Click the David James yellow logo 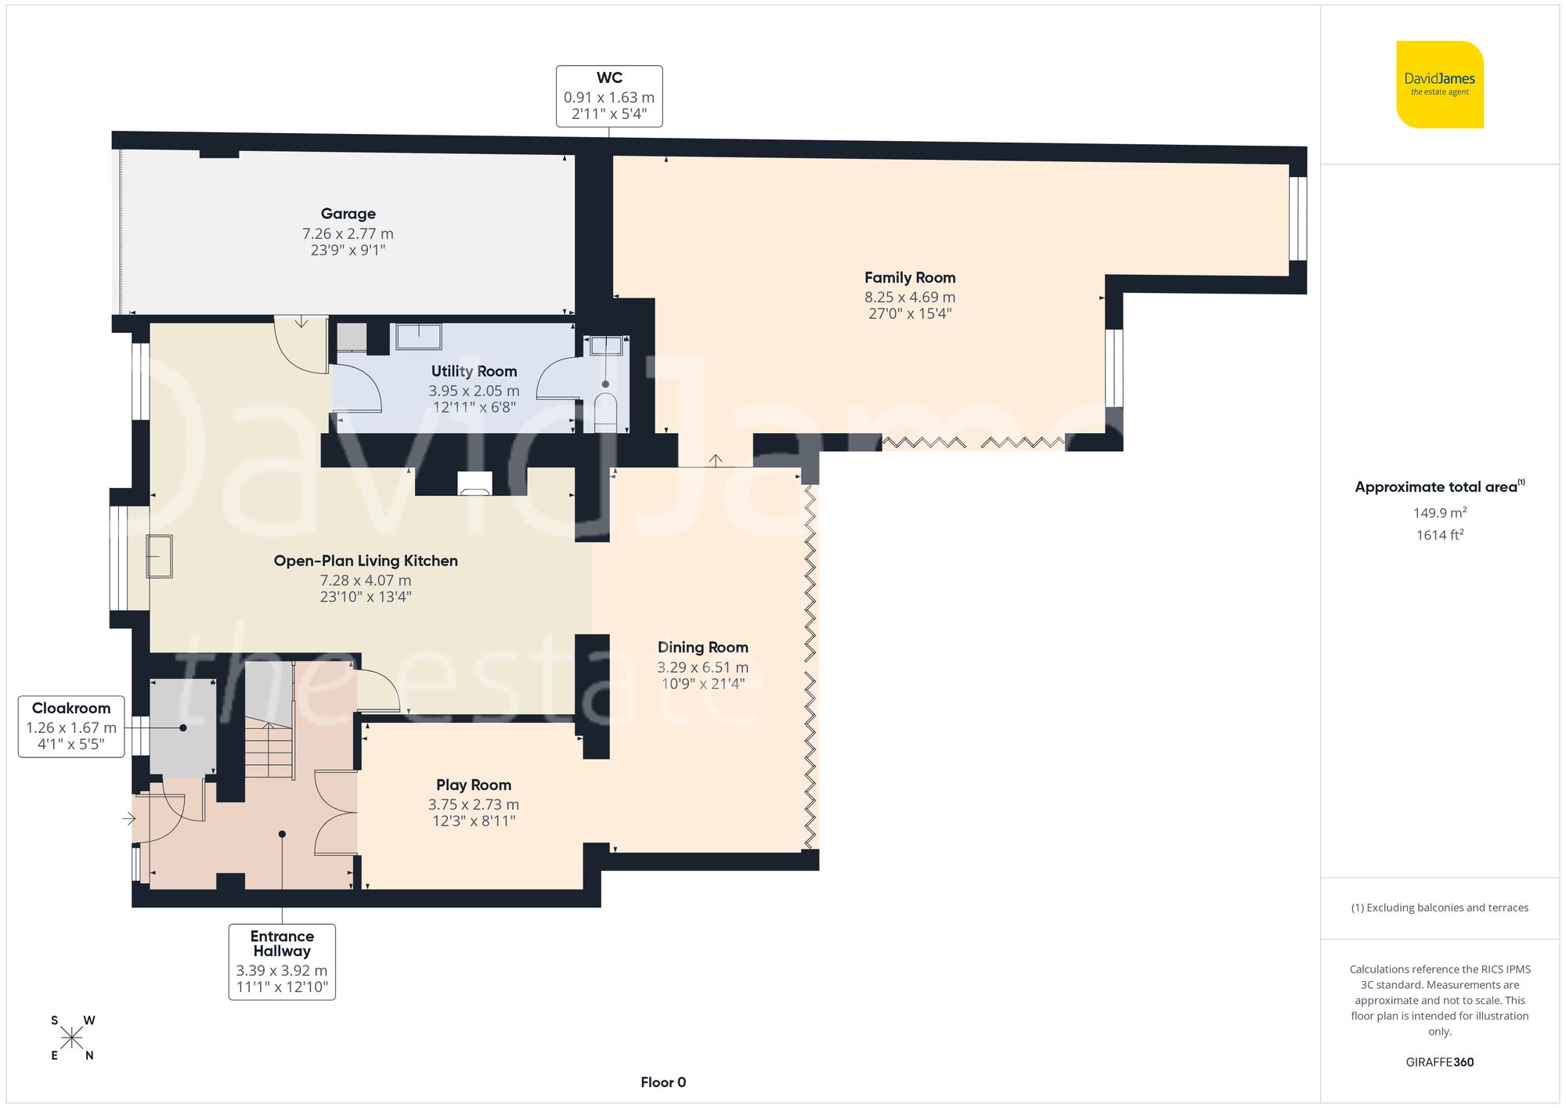tap(1439, 85)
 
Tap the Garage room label tap(348, 214)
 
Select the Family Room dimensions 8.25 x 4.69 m tap(909, 297)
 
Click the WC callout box tap(609, 96)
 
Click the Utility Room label tap(474, 371)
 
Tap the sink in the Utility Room tap(418, 337)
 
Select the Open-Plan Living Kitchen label tap(366, 561)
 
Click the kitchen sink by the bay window tap(159, 556)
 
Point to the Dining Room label tap(702, 648)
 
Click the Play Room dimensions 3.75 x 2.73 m tap(473, 804)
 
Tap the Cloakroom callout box tap(71, 726)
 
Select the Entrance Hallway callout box tap(282, 962)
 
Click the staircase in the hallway tap(269, 749)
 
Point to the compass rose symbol tap(72, 1038)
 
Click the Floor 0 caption tap(662, 1082)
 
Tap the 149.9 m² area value tap(1439, 513)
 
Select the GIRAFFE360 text tap(1439, 1062)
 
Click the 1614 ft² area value tap(1439, 536)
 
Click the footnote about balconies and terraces tap(1439, 908)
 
